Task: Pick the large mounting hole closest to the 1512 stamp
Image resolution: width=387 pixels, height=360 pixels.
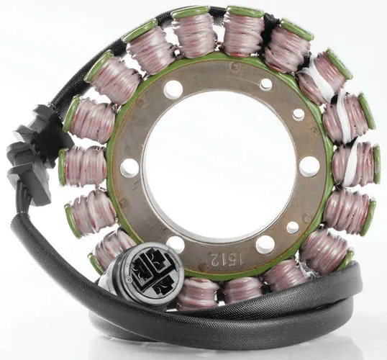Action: [264, 245]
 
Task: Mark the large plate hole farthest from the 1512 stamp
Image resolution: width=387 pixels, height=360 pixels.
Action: [173, 89]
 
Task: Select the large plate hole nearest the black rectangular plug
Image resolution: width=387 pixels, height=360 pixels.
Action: [129, 168]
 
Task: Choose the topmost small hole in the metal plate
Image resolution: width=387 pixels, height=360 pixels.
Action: [266, 84]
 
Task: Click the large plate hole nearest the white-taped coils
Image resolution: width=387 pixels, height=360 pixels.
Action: [309, 166]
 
